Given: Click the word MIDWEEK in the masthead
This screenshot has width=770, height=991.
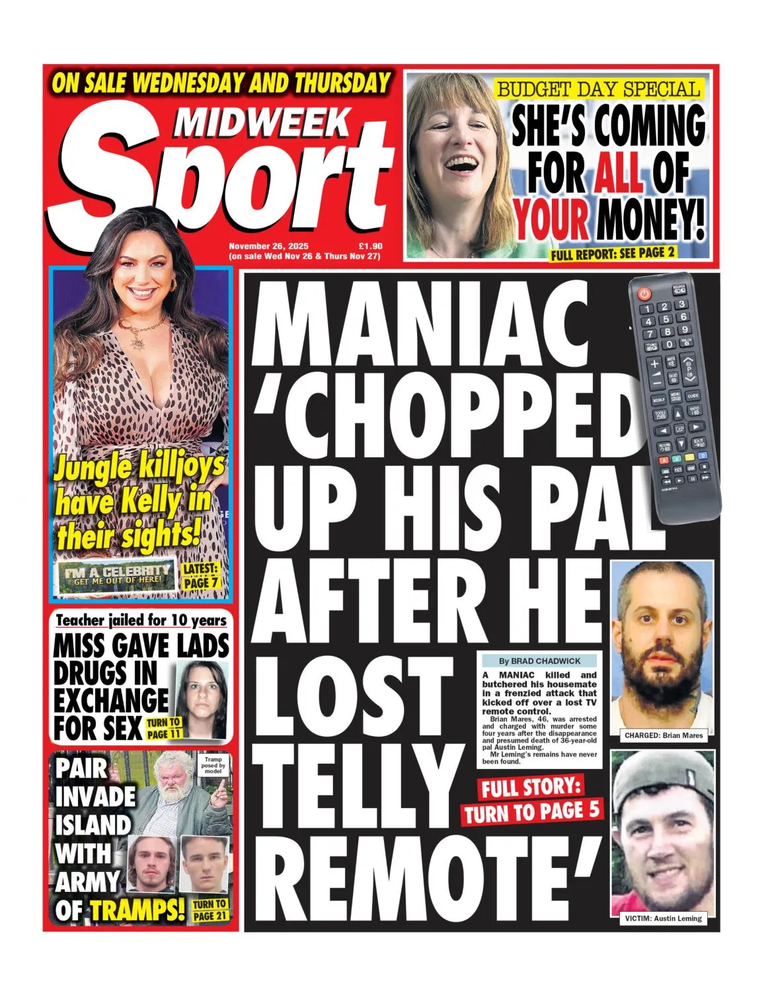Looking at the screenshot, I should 263,121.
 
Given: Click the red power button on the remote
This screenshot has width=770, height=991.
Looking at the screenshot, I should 644,292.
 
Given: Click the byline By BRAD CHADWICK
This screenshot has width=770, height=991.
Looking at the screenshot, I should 539,661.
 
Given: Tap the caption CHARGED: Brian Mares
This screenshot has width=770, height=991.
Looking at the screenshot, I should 663,735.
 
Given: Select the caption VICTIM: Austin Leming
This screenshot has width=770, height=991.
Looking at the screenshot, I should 663,918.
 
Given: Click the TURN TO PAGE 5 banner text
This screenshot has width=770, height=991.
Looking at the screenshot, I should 532,812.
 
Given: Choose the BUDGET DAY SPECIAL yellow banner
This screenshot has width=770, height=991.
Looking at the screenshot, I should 598,89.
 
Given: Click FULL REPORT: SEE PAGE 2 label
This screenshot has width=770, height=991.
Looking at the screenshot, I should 612,252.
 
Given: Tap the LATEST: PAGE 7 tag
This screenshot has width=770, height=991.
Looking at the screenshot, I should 200,576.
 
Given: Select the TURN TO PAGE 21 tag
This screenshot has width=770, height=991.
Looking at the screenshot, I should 210,910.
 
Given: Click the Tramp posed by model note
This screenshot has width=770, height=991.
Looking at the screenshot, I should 213,765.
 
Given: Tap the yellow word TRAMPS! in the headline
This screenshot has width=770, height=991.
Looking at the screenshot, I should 137,910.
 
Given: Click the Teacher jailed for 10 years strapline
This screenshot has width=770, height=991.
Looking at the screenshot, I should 141,620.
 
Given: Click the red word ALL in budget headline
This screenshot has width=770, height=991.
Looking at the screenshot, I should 618,172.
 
